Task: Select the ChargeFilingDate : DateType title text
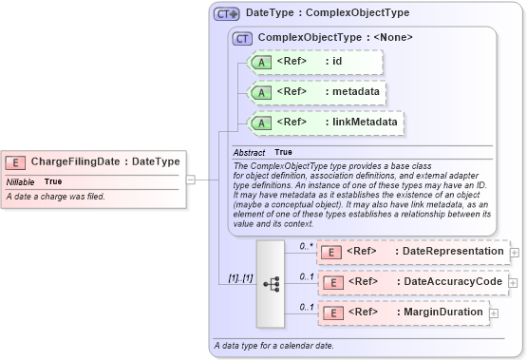click(104, 162)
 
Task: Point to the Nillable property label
click(21, 181)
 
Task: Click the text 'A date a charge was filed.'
click(56, 197)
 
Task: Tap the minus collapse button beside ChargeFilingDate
click(191, 179)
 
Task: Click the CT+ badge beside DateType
click(226, 14)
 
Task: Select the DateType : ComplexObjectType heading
click(328, 13)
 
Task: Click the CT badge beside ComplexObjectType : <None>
click(242, 38)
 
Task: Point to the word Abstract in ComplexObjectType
click(249, 152)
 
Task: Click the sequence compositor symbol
click(271, 283)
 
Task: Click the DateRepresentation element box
click(413, 252)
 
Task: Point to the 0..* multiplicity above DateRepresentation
click(306, 246)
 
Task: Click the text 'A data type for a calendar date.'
click(273, 345)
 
